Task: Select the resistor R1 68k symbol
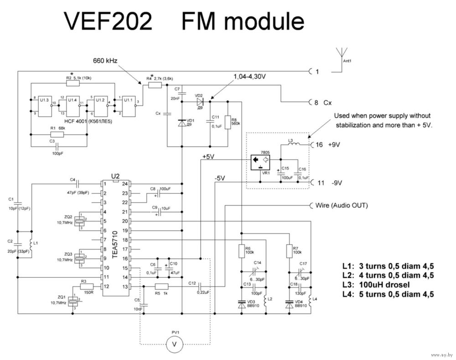click(57, 135)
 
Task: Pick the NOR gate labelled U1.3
click(44, 105)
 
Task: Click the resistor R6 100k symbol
click(242, 250)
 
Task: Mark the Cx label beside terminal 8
click(327, 103)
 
